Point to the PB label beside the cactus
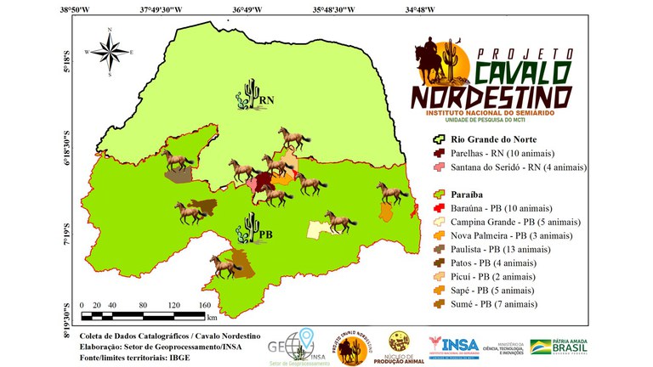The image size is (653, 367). click(265, 234)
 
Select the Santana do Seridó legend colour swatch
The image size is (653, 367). click(439, 167)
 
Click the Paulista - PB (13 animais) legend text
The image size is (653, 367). click(508, 251)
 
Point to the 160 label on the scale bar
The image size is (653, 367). click(204, 305)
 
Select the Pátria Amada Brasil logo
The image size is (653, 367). click(558, 347)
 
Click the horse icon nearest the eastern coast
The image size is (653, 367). click(395, 194)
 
